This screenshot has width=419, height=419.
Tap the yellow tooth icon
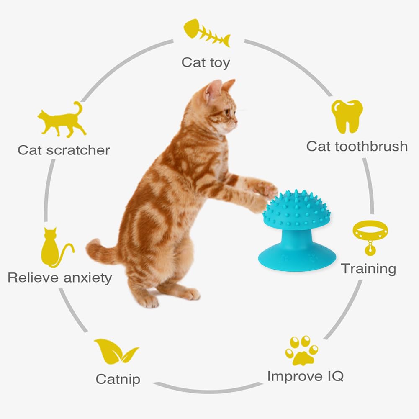tap(347, 116)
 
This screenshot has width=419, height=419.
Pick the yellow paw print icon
tap(302, 350)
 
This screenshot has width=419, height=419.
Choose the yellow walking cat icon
tap(62, 120)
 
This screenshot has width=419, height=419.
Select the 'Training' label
tap(368, 269)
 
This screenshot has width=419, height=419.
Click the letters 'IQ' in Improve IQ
tap(335, 376)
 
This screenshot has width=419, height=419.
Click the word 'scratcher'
tap(78, 150)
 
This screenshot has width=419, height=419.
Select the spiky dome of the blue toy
tap(296, 210)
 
